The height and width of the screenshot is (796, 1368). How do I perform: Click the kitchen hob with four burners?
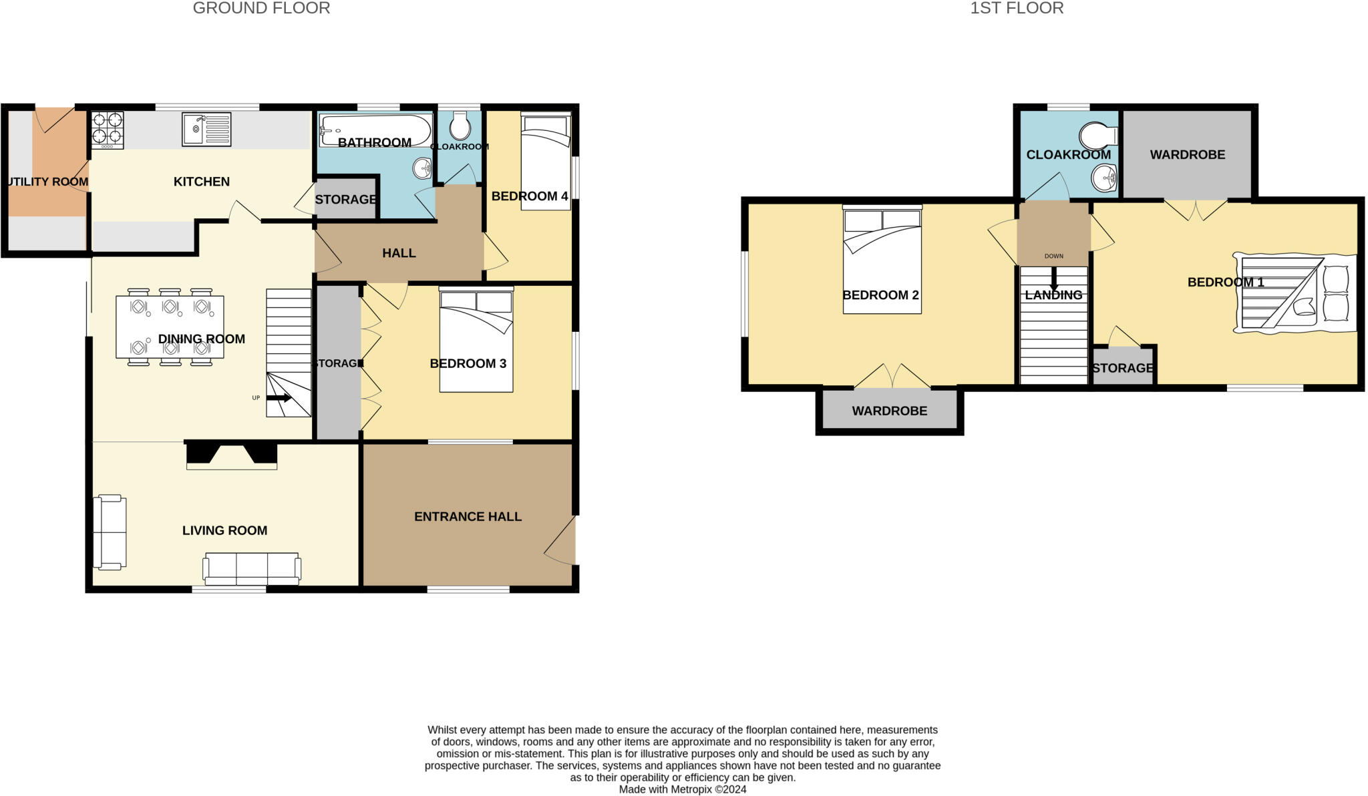click(x=108, y=129)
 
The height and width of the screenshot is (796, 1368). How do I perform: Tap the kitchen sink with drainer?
click(x=206, y=129)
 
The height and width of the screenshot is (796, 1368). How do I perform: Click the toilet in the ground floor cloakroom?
click(x=460, y=126)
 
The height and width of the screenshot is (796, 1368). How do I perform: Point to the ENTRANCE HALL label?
click(x=468, y=516)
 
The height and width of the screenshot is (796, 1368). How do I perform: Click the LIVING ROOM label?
click(x=224, y=530)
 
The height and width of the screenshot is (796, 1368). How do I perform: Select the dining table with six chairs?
click(x=170, y=327)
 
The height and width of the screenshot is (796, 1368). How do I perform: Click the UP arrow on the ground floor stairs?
click(x=279, y=398)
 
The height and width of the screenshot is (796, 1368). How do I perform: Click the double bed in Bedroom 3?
click(x=476, y=341)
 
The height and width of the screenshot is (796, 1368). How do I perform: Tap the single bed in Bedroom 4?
click(x=546, y=162)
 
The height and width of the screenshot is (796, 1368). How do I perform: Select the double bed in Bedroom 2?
click(x=882, y=260)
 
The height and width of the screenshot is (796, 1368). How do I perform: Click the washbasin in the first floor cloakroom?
click(x=1104, y=178)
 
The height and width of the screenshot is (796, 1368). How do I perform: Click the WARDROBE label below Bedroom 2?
click(x=889, y=411)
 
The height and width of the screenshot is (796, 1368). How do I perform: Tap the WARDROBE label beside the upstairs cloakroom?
click(x=1187, y=154)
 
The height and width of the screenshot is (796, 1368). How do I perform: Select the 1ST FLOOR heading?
click(x=1017, y=8)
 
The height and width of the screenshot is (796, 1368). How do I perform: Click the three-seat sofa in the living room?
click(x=252, y=568)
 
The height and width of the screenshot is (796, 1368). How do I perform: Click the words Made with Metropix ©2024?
click(x=682, y=789)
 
